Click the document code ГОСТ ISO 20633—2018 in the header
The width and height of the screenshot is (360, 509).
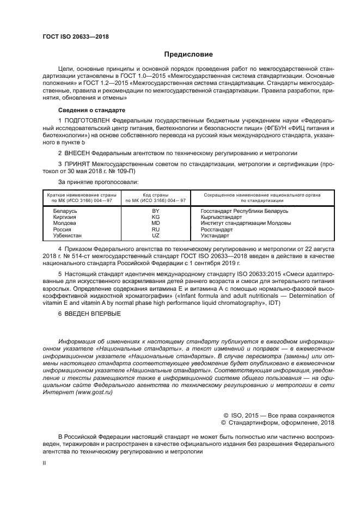[x=75, y=36]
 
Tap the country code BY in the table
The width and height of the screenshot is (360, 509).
[x=155, y=211]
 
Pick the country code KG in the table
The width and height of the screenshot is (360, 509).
[x=155, y=217]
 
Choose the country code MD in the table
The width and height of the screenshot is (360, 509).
[x=155, y=223]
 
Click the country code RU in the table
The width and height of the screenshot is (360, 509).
[x=155, y=229]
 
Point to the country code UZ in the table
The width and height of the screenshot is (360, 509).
[x=155, y=235]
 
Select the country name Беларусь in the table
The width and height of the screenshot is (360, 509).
[x=64, y=211]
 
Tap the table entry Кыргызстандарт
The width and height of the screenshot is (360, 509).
[x=222, y=217]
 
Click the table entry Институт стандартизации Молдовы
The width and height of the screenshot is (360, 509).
[x=246, y=223]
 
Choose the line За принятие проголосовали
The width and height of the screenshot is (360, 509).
[x=98, y=181]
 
